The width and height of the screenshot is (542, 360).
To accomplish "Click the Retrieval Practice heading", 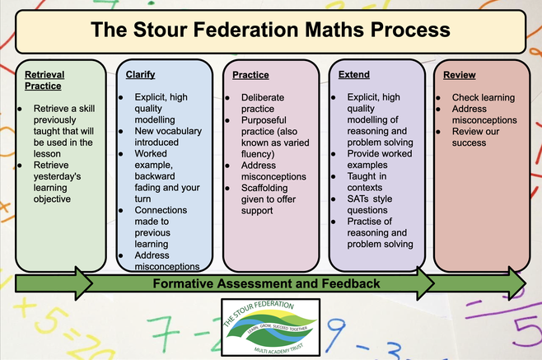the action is click(x=44, y=80).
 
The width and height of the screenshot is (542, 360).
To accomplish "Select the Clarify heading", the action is click(x=140, y=75).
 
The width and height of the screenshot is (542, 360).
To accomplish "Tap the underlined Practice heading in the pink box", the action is click(x=250, y=75).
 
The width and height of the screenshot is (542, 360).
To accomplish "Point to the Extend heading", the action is click(x=354, y=75).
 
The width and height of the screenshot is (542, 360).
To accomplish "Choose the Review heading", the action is click(x=460, y=75).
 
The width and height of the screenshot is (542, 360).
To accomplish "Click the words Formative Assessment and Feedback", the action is click(x=266, y=283).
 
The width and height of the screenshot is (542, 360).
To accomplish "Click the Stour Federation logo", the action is click(x=271, y=327).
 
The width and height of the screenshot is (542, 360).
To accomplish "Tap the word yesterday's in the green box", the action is click(x=57, y=177).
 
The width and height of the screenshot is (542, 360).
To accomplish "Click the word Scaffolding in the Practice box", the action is click(x=264, y=188).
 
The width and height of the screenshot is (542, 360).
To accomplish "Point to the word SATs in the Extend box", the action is click(x=357, y=199).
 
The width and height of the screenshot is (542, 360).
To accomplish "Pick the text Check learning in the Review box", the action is click(x=484, y=98).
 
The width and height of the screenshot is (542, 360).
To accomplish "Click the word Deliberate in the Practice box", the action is click(x=263, y=97).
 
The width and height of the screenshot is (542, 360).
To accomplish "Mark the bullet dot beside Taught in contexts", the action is click(x=334, y=177).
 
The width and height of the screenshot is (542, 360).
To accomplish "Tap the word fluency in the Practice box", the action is click(x=256, y=154).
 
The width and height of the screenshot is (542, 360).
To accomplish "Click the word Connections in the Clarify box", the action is click(x=161, y=210).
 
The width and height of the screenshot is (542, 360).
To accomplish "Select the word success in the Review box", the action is click(x=469, y=143).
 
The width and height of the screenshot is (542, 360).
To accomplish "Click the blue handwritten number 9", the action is click(x=335, y=334).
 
